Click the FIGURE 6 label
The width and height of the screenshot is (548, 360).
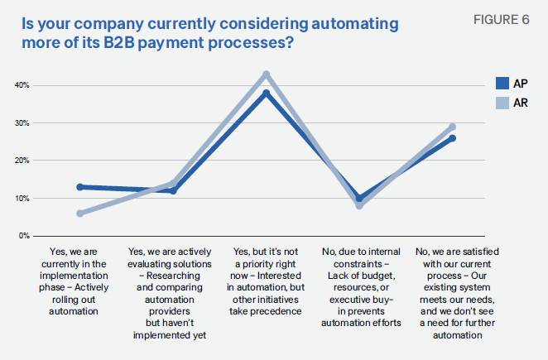(502, 20)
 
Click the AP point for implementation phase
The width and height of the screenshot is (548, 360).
(80, 187)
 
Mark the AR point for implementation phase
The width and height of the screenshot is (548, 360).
(80, 214)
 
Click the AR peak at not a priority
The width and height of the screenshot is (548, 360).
(267, 74)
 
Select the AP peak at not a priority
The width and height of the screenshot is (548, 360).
(267, 93)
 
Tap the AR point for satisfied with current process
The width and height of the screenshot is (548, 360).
(452, 127)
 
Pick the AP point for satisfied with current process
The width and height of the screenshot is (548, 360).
(452, 138)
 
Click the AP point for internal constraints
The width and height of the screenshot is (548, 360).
(359, 198)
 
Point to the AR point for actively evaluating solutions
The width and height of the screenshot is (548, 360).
(173, 183)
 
